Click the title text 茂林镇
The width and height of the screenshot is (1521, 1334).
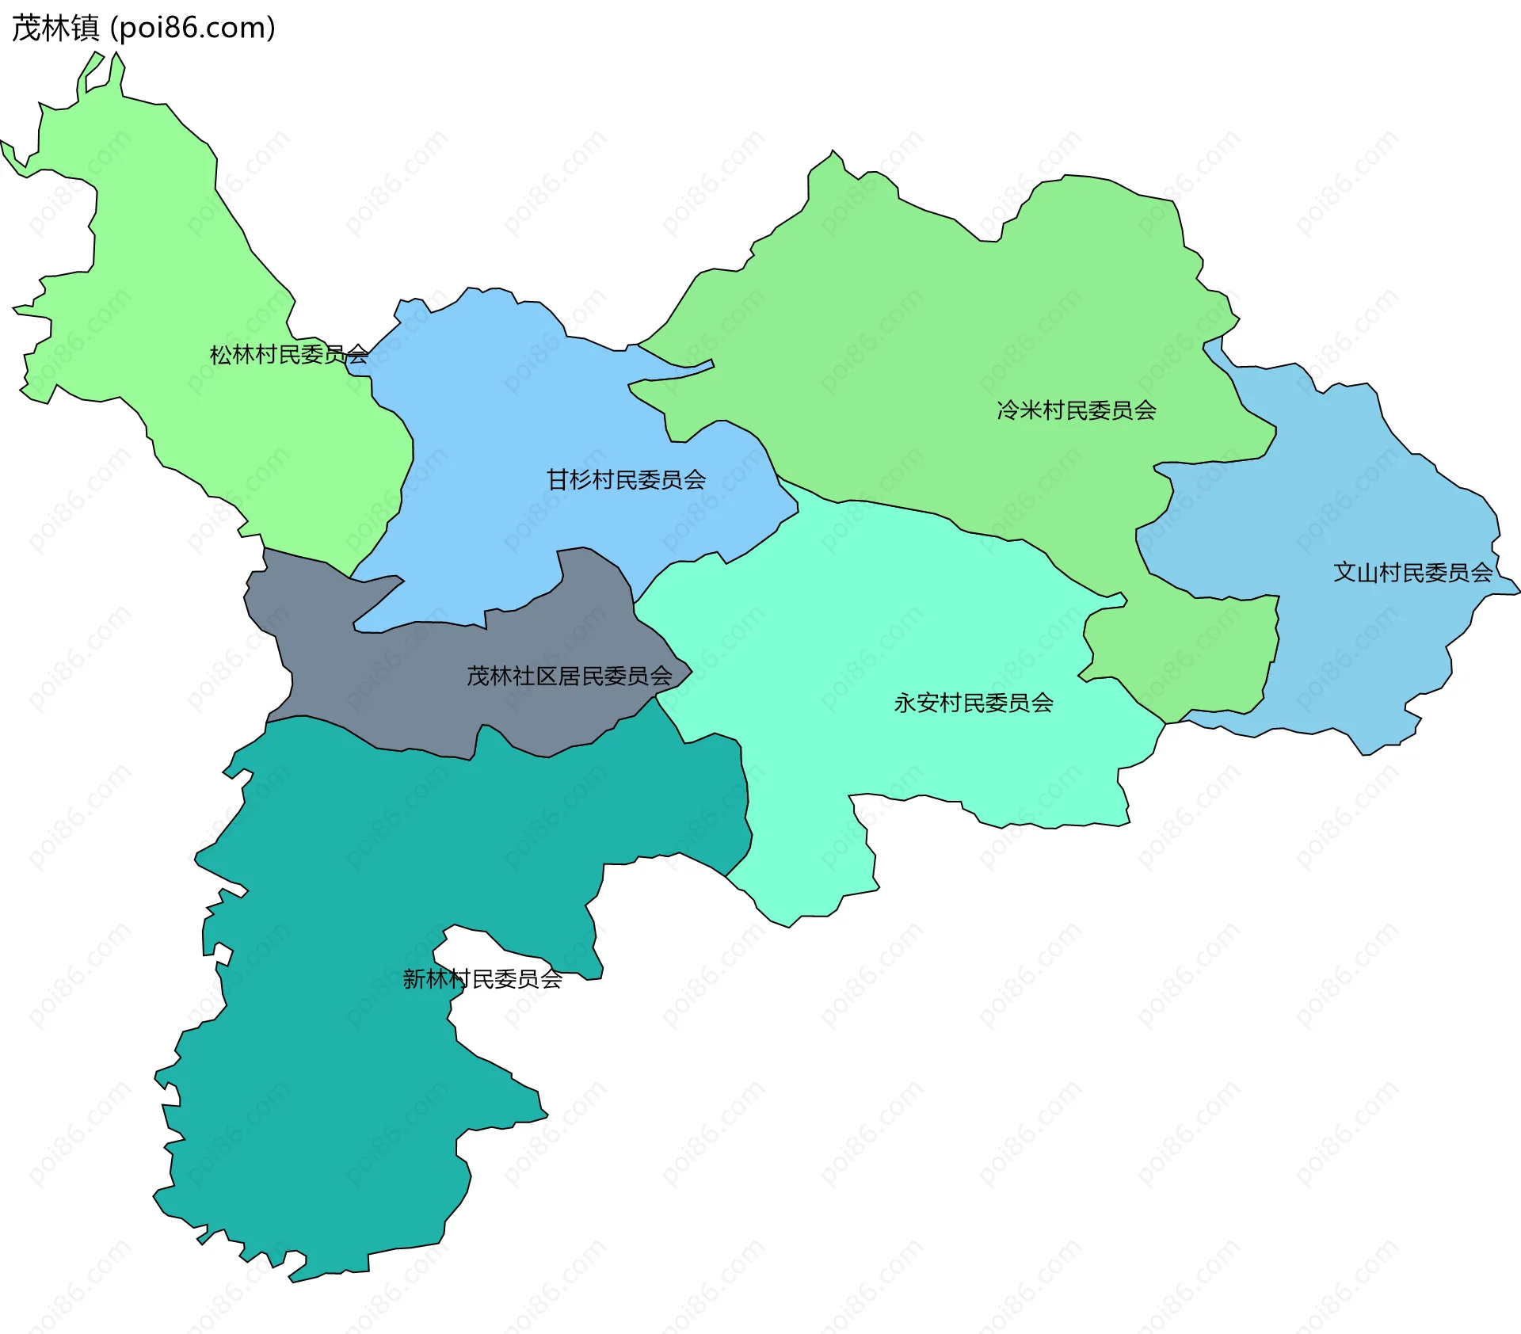coord(55,29)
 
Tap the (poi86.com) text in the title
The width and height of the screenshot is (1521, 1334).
coord(193,29)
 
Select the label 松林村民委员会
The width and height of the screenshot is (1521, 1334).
coord(288,354)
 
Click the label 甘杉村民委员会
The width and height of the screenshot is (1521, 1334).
coord(626,479)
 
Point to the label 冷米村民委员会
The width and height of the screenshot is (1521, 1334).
coord(1076,410)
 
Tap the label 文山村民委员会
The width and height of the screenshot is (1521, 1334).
coord(1412,572)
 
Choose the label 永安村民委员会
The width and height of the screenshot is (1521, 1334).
coord(973,703)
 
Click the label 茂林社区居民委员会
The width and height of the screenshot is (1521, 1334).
coord(569,676)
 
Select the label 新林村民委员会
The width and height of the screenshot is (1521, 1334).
coord(482,979)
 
